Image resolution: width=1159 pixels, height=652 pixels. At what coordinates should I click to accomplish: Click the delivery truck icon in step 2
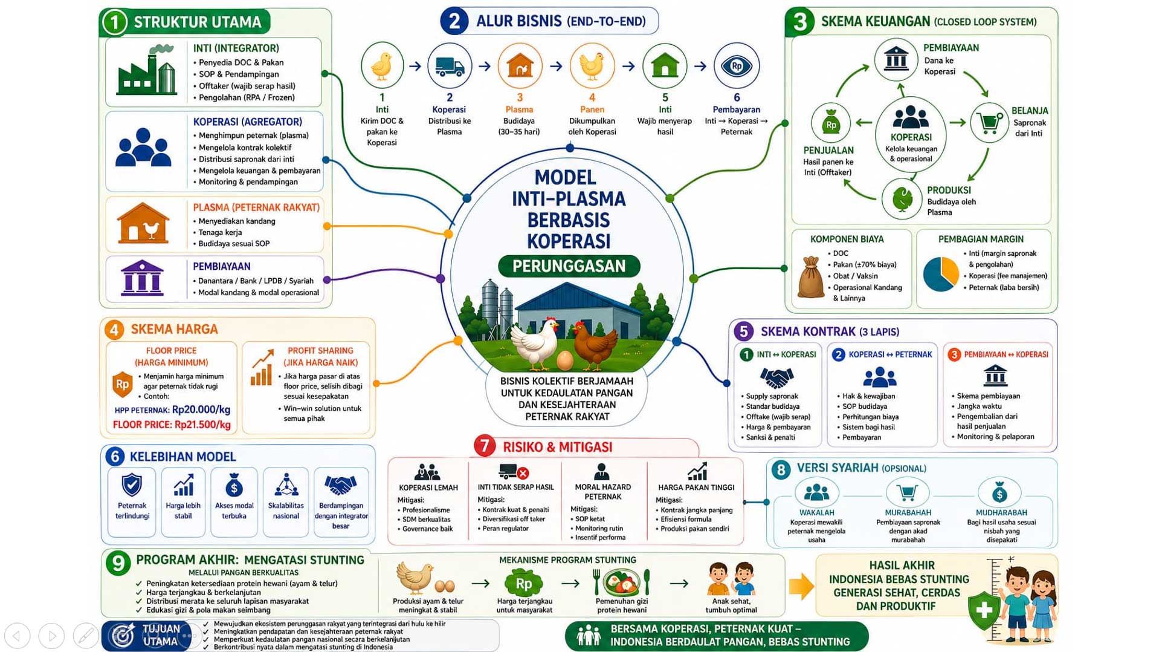450,66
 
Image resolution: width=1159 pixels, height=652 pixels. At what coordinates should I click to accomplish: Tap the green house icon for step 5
665,65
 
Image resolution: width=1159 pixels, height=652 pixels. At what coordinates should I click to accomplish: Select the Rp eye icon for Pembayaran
736,65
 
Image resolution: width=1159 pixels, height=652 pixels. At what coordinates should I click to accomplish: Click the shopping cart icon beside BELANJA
989,123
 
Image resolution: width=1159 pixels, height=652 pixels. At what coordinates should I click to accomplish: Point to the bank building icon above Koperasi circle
896,59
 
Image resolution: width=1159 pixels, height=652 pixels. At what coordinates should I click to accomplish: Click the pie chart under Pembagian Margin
941,274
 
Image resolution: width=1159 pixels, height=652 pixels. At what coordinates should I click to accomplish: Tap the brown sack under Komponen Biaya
811,277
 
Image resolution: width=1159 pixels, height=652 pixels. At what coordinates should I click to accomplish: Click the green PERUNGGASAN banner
569,266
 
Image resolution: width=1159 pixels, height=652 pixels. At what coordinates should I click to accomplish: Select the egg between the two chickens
565,360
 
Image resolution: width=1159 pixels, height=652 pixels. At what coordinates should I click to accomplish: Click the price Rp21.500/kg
202,425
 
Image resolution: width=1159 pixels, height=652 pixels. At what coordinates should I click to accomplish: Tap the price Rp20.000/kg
201,409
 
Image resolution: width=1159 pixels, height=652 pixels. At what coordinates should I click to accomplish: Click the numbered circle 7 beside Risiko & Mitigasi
485,446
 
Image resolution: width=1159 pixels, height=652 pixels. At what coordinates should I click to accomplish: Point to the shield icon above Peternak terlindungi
132,485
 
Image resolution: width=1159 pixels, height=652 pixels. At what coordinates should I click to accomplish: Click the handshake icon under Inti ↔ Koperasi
776,378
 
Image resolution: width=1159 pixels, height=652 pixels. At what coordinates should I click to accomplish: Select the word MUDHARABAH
1001,512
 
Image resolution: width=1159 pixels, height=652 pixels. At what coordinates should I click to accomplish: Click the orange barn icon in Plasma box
143,223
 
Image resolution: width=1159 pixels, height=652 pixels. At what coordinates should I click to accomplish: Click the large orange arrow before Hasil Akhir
801,585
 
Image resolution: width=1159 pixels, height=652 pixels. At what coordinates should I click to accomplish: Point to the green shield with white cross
984,610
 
